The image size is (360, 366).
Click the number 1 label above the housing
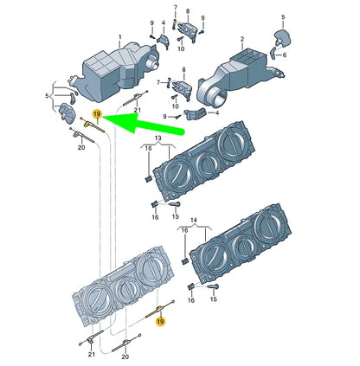point(120,37)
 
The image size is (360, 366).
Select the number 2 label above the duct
point(242,39)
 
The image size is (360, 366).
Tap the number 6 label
point(285,55)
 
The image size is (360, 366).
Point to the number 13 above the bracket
point(157,138)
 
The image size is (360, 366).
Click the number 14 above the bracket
point(194,221)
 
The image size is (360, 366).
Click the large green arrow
point(144,124)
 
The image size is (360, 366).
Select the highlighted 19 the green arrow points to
point(97,114)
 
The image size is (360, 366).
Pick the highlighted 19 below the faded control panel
point(160,321)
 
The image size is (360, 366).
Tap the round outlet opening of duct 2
point(214,98)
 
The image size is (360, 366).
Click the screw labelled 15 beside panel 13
point(175,204)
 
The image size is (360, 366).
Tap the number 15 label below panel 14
point(213,299)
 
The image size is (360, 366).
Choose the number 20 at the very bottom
point(125,356)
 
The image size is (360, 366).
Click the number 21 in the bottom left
point(92,354)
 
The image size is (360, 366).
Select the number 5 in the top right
point(283,17)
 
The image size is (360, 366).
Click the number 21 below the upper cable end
point(137,110)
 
